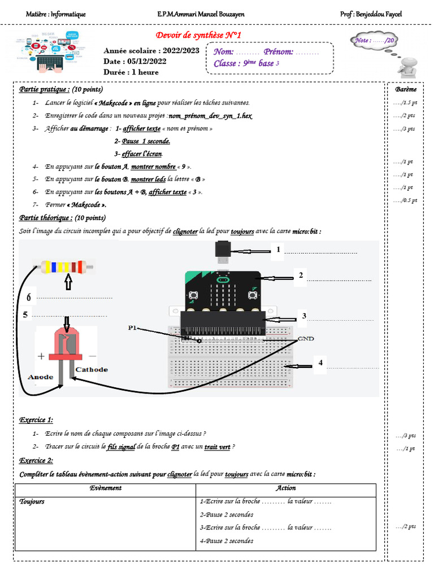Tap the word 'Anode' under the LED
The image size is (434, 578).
pyautogui.click(x=40, y=376)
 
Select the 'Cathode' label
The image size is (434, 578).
pyautogui.click(x=92, y=369)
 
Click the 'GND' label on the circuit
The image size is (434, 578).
pyautogui.click(x=306, y=338)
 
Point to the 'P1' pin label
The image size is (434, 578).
pyautogui.click(x=133, y=327)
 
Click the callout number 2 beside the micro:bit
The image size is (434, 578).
pyautogui.click(x=301, y=275)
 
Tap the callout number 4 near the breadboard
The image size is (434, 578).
pyautogui.click(x=320, y=363)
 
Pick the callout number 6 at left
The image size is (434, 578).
pyautogui.click(x=28, y=297)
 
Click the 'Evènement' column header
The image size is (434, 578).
pyautogui.click(x=106, y=488)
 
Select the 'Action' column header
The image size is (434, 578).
pyautogui.click(x=285, y=488)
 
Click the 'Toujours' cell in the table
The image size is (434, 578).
pyautogui.click(x=32, y=501)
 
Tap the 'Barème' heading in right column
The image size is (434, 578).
pyautogui.click(x=406, y=90)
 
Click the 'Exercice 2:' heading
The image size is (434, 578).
pyautogui.click(x=36, y=461)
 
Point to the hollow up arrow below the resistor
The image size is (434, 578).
pyautogui.click(x=69, y=282)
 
